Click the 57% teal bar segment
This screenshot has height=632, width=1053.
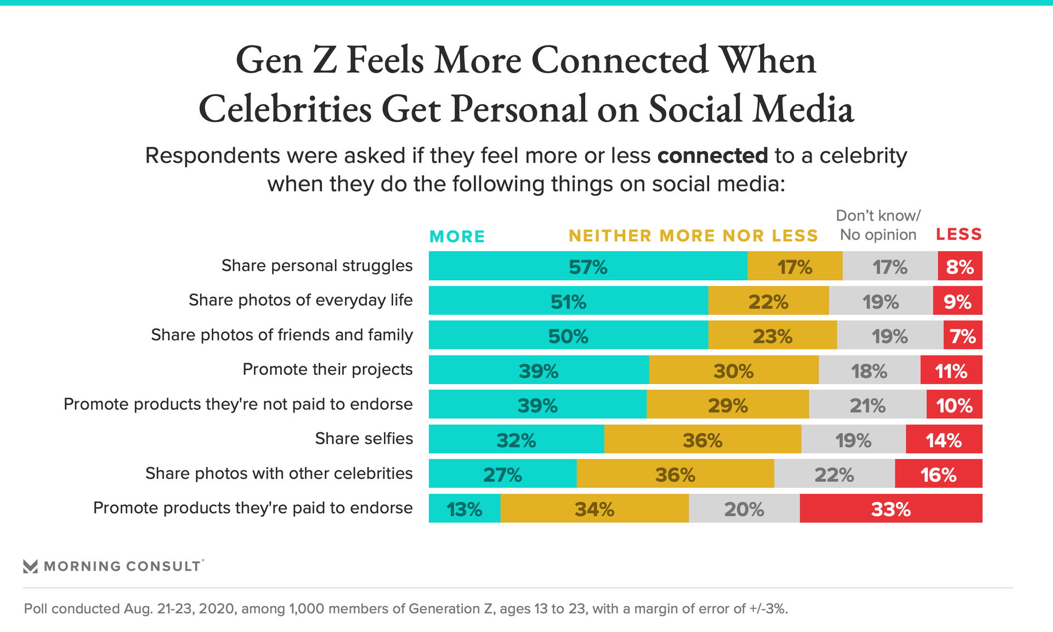(588, 266)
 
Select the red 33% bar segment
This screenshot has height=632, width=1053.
(891, 509)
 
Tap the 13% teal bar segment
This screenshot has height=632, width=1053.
(465, 509)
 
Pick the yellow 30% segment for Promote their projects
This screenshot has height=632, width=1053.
(733, 370)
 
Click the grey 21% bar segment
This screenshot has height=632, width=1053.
(868, 405)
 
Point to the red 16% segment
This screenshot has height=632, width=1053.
(938, 474)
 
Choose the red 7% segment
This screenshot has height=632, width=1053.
(963, 335)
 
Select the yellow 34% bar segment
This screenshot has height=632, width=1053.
(595, 509)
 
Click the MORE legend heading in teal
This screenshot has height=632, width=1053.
(457, 236)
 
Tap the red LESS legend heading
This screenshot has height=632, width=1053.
(959, 234)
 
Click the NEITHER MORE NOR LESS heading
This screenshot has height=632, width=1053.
(693, 236)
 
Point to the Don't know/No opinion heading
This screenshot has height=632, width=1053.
(878, 225)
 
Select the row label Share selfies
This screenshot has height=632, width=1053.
(364, 438)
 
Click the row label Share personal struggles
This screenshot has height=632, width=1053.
(317, 266)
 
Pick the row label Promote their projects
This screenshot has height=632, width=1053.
(327, 369)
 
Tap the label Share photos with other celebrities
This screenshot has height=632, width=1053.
(279, 473)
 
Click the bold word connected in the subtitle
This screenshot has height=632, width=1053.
(712, 156)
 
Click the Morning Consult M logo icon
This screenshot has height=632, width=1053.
(31, 566)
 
